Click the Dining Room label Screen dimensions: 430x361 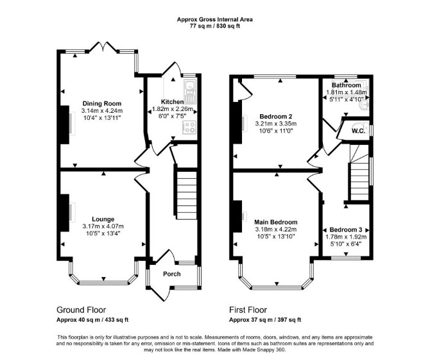click(102, 103)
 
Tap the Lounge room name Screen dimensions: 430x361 click(103, 219)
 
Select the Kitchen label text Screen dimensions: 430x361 click(172, 102)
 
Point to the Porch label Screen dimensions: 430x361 click(172, 274)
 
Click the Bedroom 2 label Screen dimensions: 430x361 click(276, 116)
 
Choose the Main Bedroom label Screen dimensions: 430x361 click(276, 222)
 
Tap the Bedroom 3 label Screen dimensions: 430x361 click(346, 230)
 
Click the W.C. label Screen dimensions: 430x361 click(358, 131)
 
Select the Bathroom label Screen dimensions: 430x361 click(347, 85)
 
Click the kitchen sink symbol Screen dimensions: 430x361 click(190, 90)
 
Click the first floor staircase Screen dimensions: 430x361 click(359, 173)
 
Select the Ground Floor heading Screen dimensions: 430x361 click(81, 310)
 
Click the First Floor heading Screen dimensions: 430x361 click(248, 310)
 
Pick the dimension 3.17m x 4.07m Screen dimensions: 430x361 click(103, 226)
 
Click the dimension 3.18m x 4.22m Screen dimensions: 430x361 click(276, 230)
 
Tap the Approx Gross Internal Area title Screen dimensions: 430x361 click(215, 19)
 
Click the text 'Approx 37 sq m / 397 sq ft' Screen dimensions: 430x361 click(265, 319)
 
